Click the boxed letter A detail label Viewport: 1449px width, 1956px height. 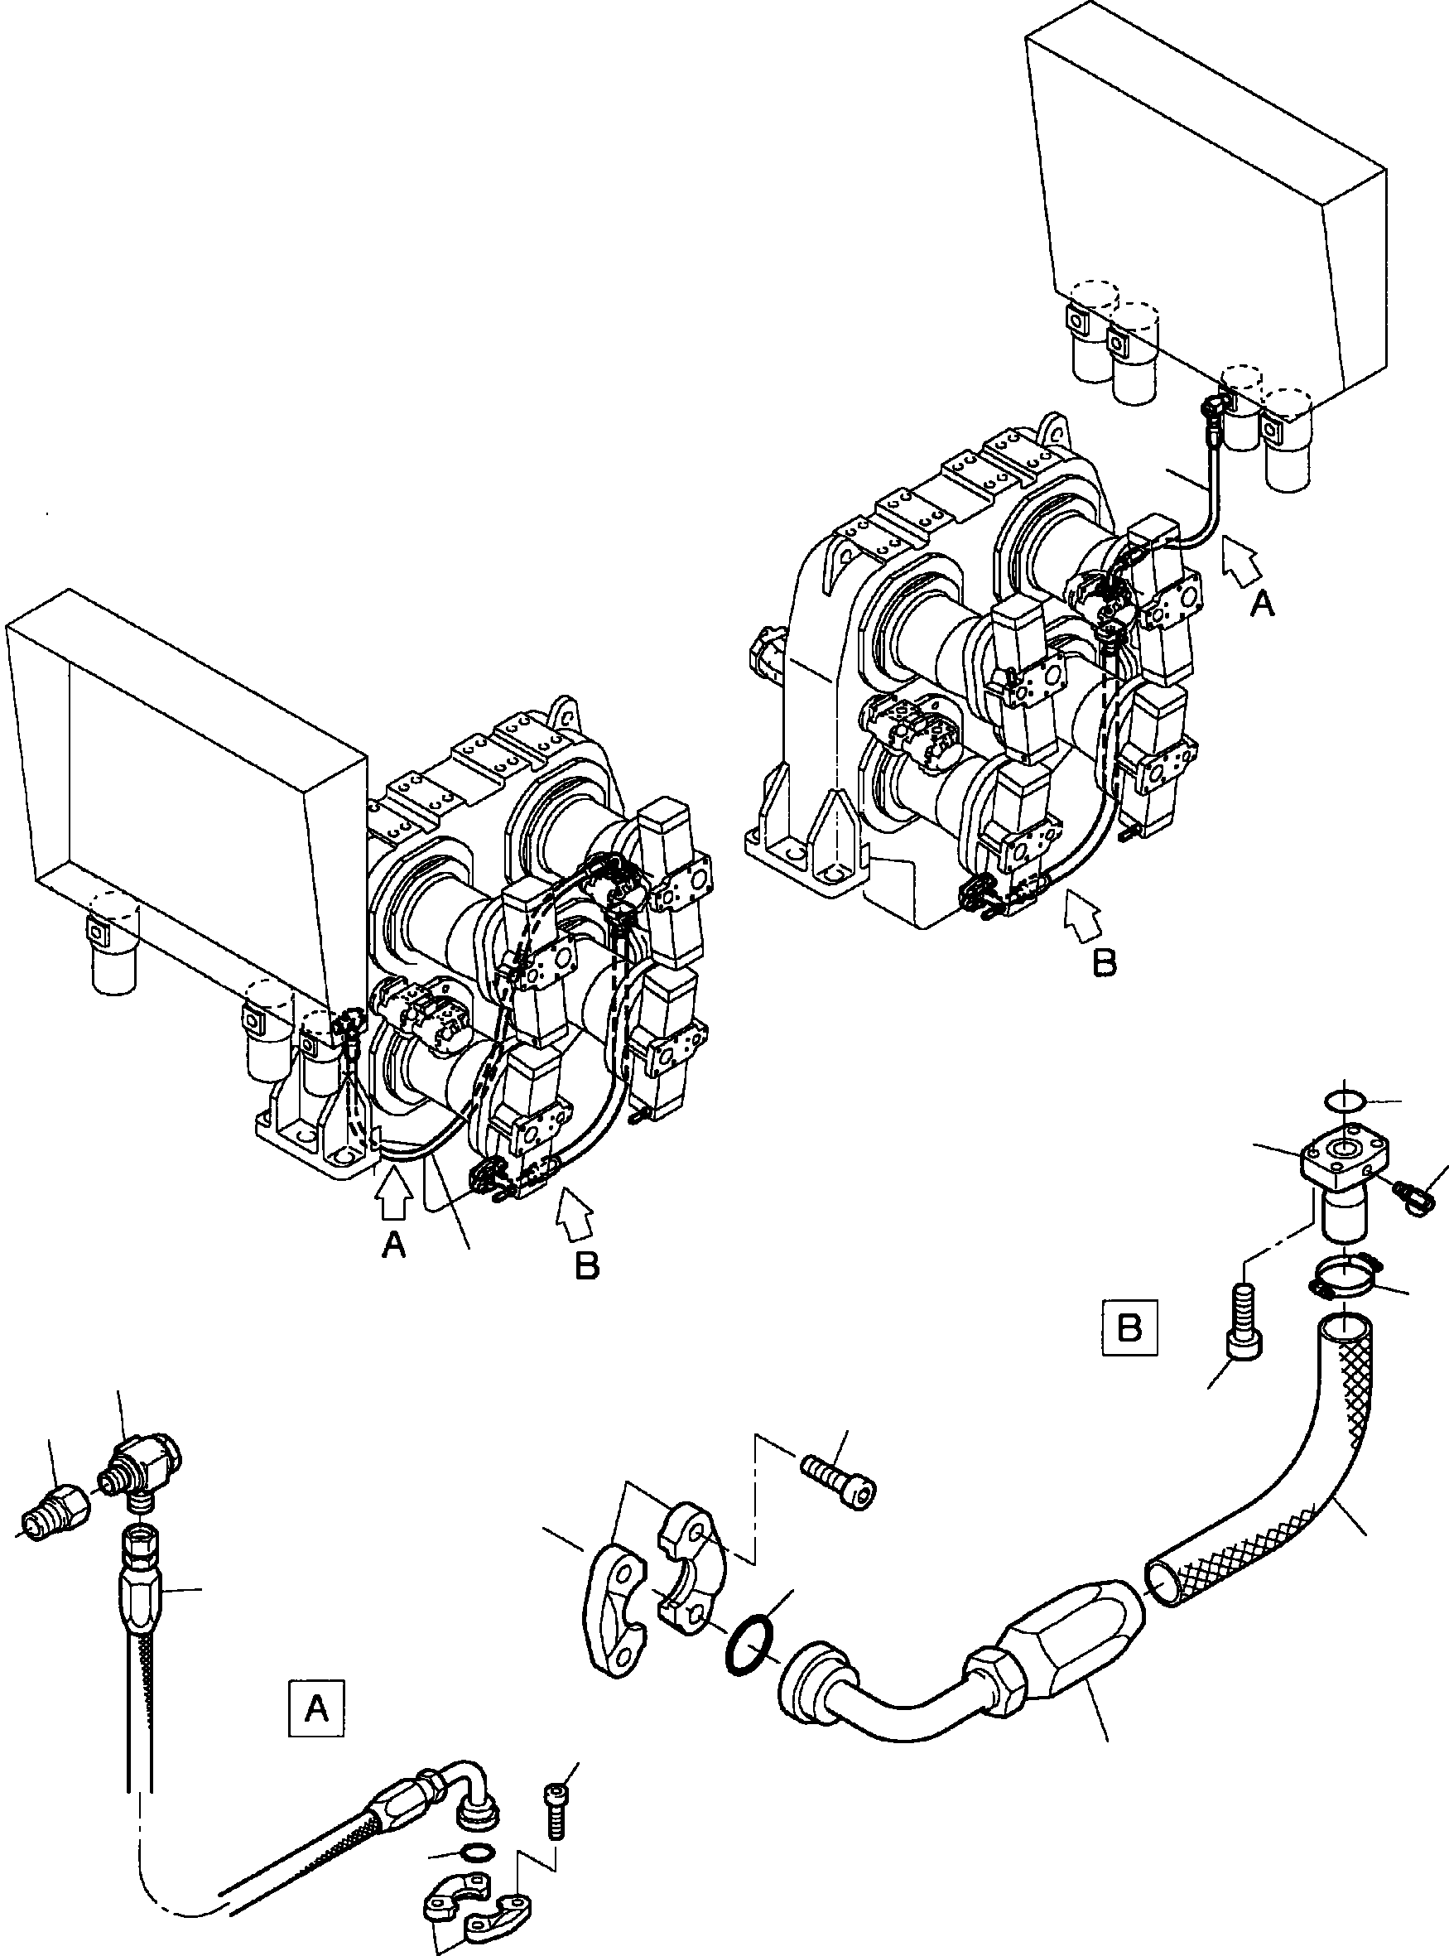(x=316, y=1708)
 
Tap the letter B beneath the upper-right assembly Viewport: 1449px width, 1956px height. (x=1105, y=962)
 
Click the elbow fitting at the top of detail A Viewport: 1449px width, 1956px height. (x=146, y=1466)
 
